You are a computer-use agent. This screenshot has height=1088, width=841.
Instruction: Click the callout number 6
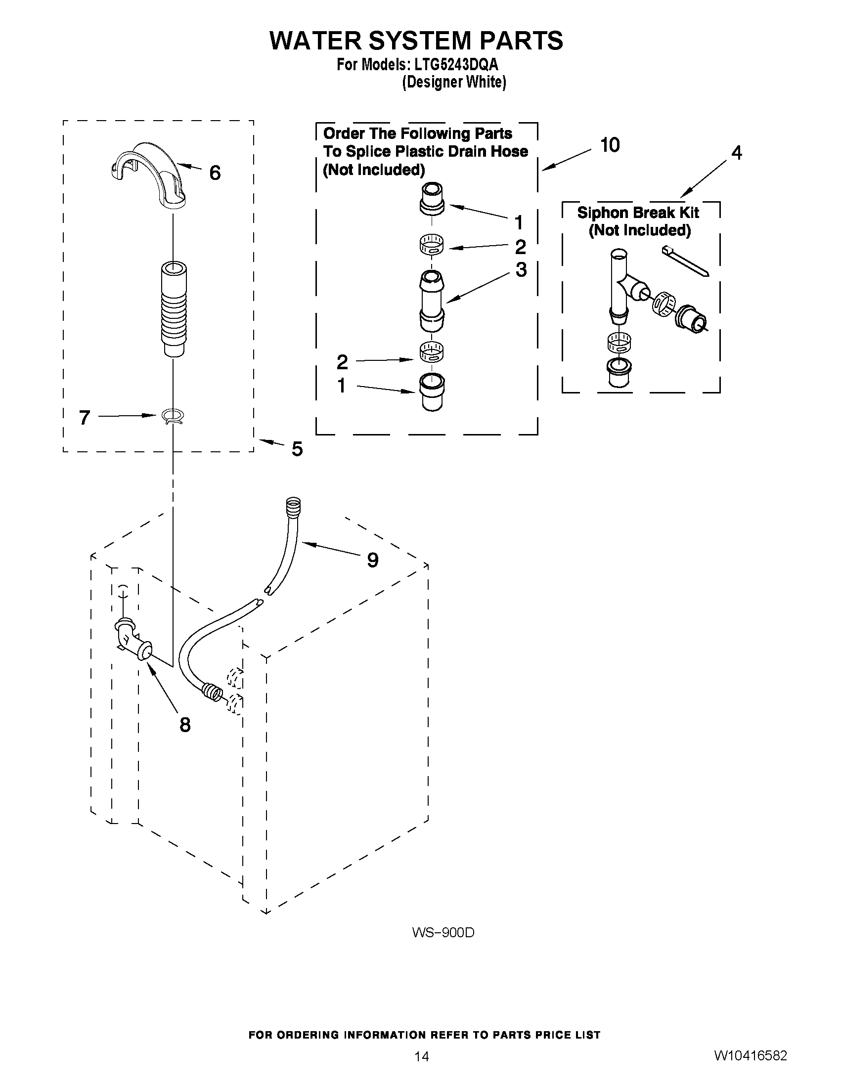tap(215, 173)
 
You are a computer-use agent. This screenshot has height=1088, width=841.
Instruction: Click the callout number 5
tap(297, 449)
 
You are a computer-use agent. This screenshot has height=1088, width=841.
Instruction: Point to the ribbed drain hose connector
tap(174, 309)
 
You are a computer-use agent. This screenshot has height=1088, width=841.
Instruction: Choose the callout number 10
tap(610, 145)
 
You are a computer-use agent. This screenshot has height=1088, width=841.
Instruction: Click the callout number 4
tap(736, 153)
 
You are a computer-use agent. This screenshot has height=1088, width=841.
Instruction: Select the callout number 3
tap(521, 269)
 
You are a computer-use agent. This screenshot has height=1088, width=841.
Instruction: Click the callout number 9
tap(373, 560)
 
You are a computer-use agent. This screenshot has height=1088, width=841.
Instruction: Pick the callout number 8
tap(185, 725)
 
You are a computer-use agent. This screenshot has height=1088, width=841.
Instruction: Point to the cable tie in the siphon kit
tap(685, 261)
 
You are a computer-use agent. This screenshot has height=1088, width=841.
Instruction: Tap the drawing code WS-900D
tap(443, 933)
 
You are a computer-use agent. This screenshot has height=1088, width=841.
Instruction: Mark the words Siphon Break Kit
tap(638, 213)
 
